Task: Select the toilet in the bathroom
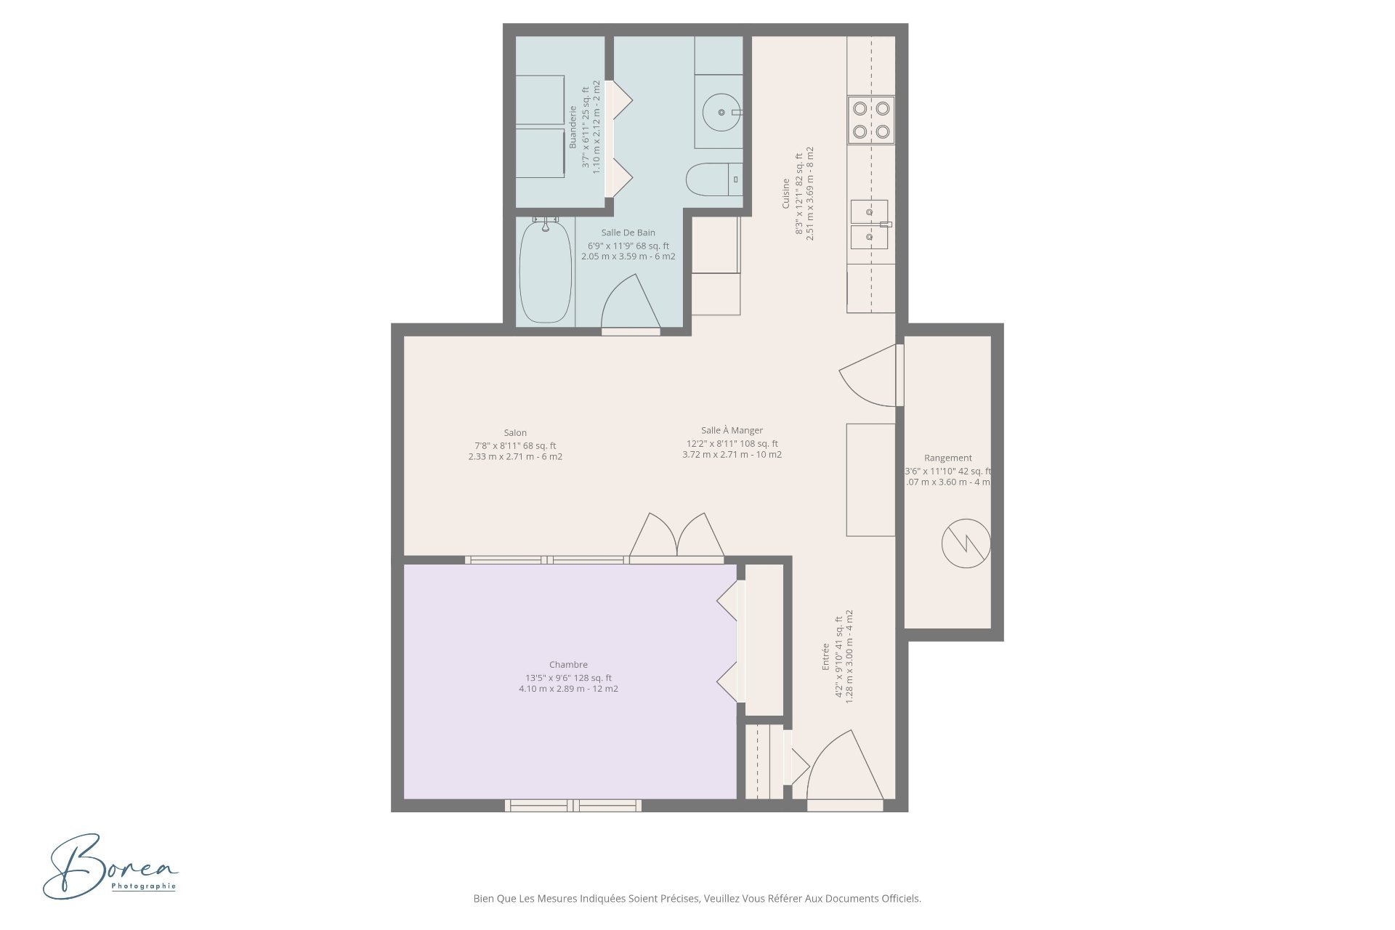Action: (x=711, y=179)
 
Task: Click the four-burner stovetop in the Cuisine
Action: (x=871, y=120)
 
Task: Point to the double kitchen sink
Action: (x=870, y=224)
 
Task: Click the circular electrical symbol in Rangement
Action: (x=966, y=543)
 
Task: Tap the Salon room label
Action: (x=515, y=433)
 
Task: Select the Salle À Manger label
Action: (x=732, y=431)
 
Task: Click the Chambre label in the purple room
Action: (x=568, y=665)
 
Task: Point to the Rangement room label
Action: (x=947, y=458)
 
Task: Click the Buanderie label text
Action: (x=573, y=128)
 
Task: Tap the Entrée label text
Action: (x=825, y=658)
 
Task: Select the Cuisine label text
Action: (x=785, y=194)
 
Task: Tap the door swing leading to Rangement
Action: (x=868, y=376)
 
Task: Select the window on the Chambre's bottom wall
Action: (x=573, y=805)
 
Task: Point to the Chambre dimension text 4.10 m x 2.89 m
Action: (x=568, y=689)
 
